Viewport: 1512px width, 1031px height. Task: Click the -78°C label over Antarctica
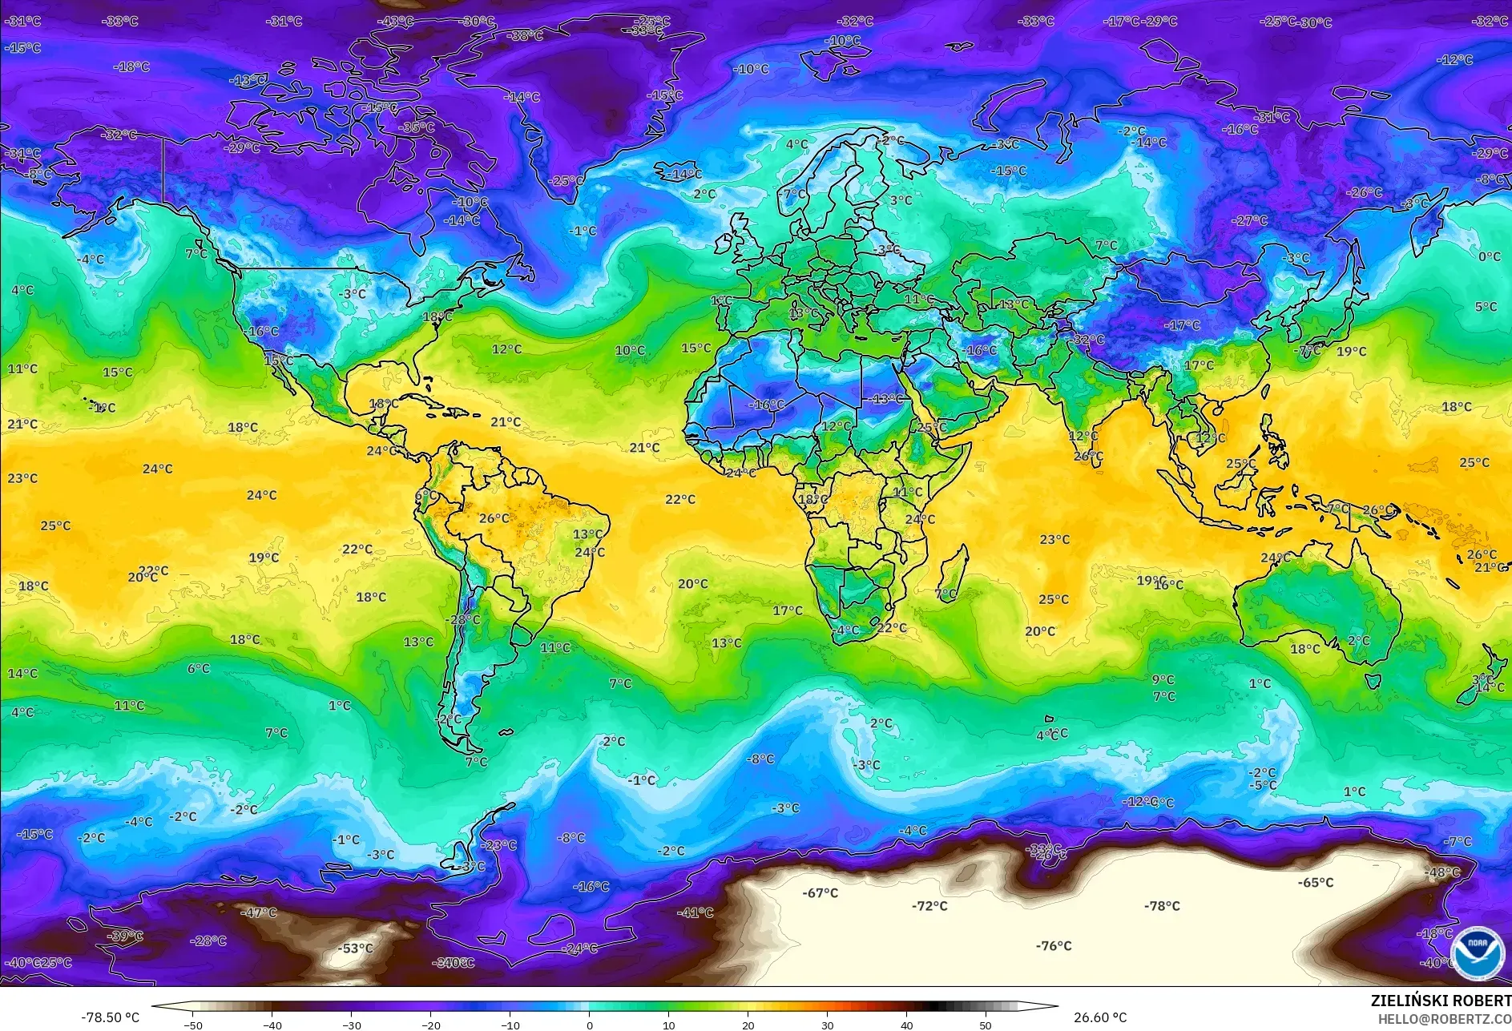tap(1162, 906)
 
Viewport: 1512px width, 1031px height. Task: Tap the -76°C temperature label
tap(1053, 946)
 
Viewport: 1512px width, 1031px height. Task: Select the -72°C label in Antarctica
tap(929, 906)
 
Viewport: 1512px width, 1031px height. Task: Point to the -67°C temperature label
tap(820, 892)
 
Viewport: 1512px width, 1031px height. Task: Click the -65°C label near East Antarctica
tap(1316, 883)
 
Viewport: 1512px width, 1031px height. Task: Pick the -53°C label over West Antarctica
tap(355, 948)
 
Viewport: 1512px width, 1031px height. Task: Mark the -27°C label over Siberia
tap(1249, 220)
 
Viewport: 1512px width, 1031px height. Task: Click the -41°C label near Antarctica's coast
tap(695, 912)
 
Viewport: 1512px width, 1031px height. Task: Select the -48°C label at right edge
tap(1442, 872)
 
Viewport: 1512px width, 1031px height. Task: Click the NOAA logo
tap(1477, 952)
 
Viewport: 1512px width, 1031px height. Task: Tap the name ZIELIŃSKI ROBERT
tap(1440, 1001)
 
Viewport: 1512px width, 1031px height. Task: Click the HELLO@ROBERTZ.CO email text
tap(1444, 1019)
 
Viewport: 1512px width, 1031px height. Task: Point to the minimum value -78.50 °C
tap(110, 1017)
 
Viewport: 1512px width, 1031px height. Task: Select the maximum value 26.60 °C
tap(1099, 1017)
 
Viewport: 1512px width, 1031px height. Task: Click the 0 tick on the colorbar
tap(590, 1025)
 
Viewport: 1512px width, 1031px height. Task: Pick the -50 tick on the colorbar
tap(192, 1025)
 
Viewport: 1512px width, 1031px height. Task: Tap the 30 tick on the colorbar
tap(827, 1025)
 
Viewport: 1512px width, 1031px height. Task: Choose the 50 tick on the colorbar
tap(985, 1025)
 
